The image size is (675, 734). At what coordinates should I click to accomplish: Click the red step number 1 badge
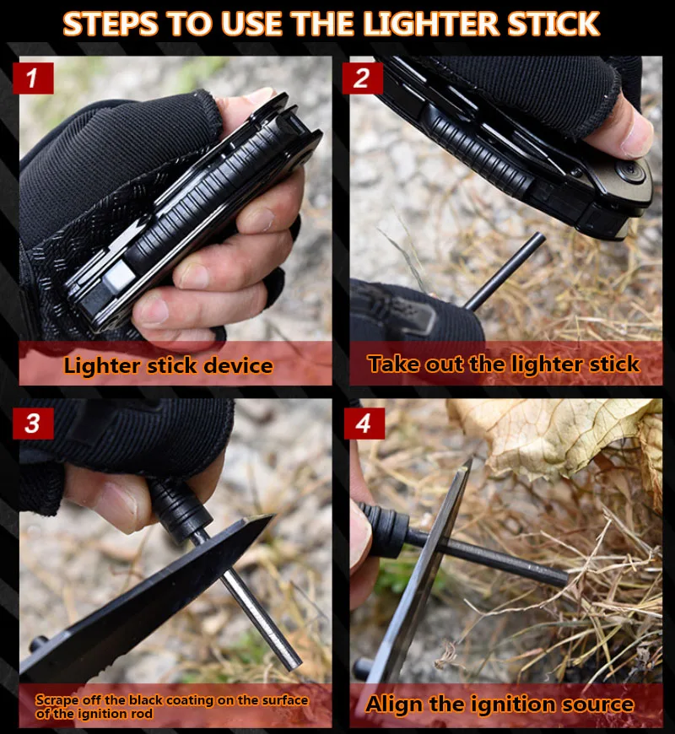coord(33,78)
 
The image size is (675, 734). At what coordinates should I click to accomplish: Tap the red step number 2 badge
coord(362,78)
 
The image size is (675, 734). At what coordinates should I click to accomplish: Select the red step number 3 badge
coord(33,424)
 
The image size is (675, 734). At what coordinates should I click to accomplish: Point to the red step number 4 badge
coord(364,424)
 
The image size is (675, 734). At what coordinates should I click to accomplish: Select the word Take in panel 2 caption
coord(394,364)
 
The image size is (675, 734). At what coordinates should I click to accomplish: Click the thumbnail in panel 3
coord(117,505)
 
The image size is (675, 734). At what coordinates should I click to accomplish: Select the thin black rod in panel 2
coord(505,272)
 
